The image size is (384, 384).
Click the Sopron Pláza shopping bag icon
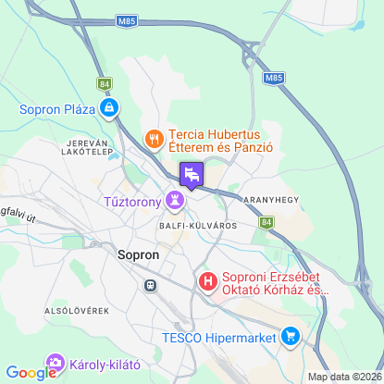coord(110,109)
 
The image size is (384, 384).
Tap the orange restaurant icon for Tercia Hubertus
coord(155,139)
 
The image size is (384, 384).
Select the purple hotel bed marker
coord(192,173)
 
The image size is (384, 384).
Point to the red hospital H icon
coord(209,279)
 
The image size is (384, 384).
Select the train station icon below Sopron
coord(149,285)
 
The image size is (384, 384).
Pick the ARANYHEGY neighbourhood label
coord(243,200)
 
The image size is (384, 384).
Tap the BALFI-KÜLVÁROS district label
coord(197,225)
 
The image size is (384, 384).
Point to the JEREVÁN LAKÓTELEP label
coord(89,149)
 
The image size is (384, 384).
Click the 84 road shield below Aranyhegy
coord(266,222)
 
